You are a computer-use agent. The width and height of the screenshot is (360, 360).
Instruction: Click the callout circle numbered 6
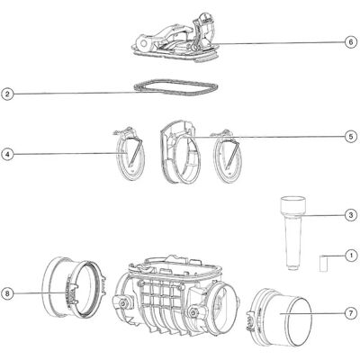351,42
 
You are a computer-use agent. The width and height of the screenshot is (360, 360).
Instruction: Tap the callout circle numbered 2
8,94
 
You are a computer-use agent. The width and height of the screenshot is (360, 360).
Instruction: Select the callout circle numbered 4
8,155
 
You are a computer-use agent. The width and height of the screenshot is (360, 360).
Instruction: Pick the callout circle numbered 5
351,137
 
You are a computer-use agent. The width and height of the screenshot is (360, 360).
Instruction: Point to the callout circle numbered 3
351,215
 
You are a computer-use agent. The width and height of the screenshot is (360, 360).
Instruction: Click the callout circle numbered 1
351,256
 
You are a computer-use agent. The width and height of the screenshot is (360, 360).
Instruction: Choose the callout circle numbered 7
351,313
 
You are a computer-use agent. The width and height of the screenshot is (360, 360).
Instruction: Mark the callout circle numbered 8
8,293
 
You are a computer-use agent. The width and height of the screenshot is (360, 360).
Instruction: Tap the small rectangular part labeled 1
323,263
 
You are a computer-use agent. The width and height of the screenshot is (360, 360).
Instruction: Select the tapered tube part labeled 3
293,233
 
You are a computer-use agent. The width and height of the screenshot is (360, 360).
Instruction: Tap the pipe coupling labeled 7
280,318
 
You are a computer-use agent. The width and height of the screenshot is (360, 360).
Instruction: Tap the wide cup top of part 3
293,205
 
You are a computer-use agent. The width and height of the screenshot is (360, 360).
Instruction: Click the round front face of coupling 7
299,321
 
